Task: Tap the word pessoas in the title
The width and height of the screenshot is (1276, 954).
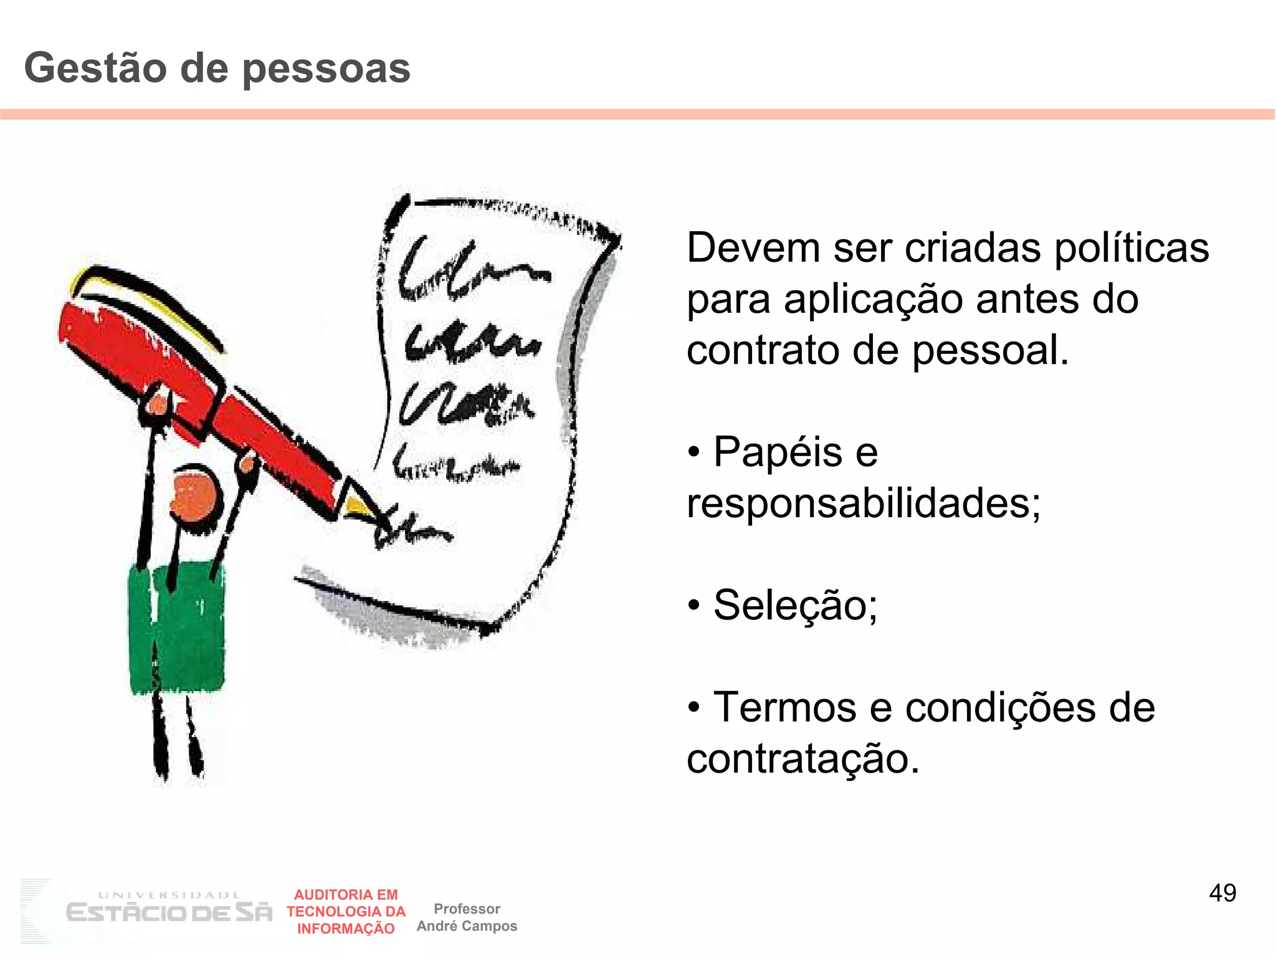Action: click(326, 69)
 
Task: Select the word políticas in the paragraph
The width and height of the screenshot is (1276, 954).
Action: click(1131, 249)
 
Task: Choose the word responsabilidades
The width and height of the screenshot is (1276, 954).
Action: click(863, 503)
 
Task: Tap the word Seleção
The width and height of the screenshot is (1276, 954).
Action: click(795, 605)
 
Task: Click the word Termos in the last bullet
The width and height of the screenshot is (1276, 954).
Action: click(785, 708)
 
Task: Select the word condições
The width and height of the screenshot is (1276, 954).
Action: click(999, 708)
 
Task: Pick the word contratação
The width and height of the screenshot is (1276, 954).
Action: click(802, 759)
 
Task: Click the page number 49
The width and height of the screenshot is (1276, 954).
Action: click(1222, 893)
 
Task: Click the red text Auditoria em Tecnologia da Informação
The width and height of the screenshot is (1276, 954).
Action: click(346, 912)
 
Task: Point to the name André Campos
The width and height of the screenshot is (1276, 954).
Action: click(467, 926)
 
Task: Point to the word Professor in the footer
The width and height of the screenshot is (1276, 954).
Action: click(467, 909)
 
